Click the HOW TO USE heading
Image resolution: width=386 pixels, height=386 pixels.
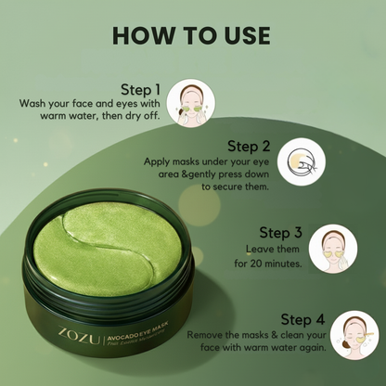click(191, 35)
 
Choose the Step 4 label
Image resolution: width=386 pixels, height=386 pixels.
click(296, 318)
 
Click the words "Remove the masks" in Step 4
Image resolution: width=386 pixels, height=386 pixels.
click(223, 333)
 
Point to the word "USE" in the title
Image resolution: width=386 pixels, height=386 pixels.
click(241, 35)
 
